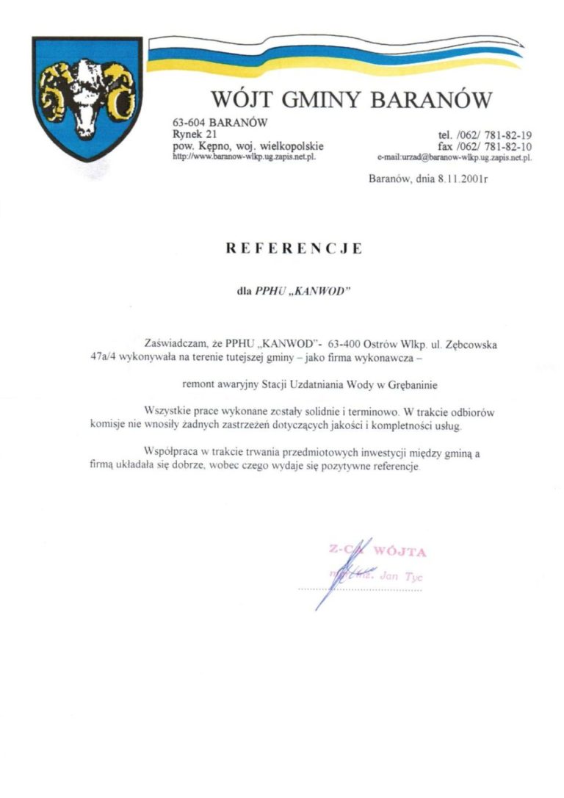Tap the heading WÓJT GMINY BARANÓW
[x=350, y=99]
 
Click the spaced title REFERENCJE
[x=293, y=248]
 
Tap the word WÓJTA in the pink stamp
[x=399, y=551]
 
